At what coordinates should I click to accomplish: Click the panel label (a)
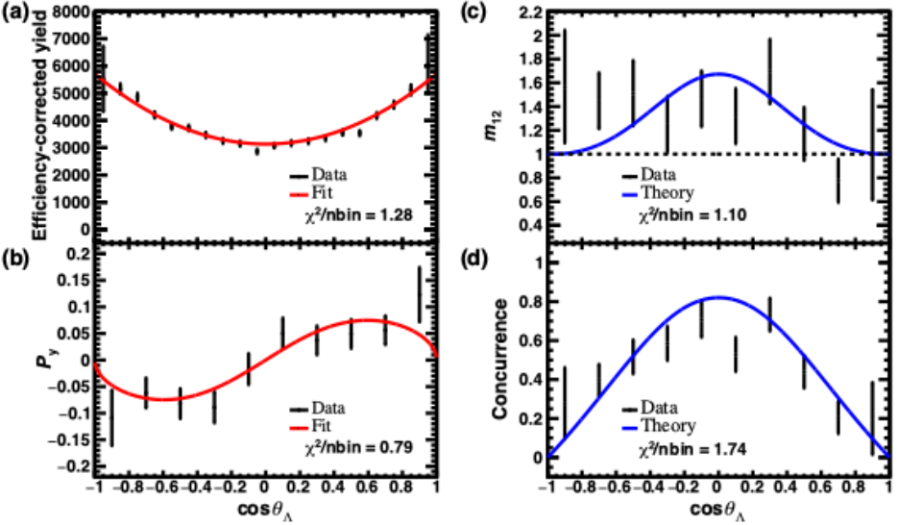pos(14,12)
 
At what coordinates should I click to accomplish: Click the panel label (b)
pos(14,259)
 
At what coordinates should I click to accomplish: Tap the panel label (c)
pos(473,12)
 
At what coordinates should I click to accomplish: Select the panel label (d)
pos(473,259)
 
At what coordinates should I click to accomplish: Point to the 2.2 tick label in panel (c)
pos(530,12)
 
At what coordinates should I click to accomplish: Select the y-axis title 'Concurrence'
pos(498,359)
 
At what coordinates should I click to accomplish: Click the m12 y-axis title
pos(493,126)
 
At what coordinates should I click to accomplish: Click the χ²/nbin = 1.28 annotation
pos(358,215)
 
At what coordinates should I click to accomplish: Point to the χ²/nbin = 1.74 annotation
pos(692,449)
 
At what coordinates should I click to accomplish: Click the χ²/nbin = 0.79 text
pos(358,446)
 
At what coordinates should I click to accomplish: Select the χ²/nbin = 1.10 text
pos(692,215)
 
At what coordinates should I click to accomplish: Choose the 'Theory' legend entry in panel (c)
pos(658,192)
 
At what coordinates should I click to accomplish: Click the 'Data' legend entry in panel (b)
pos(317,408)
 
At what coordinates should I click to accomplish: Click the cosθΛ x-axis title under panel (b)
pos(265,510)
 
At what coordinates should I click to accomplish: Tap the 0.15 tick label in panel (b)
pos(74,281)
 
